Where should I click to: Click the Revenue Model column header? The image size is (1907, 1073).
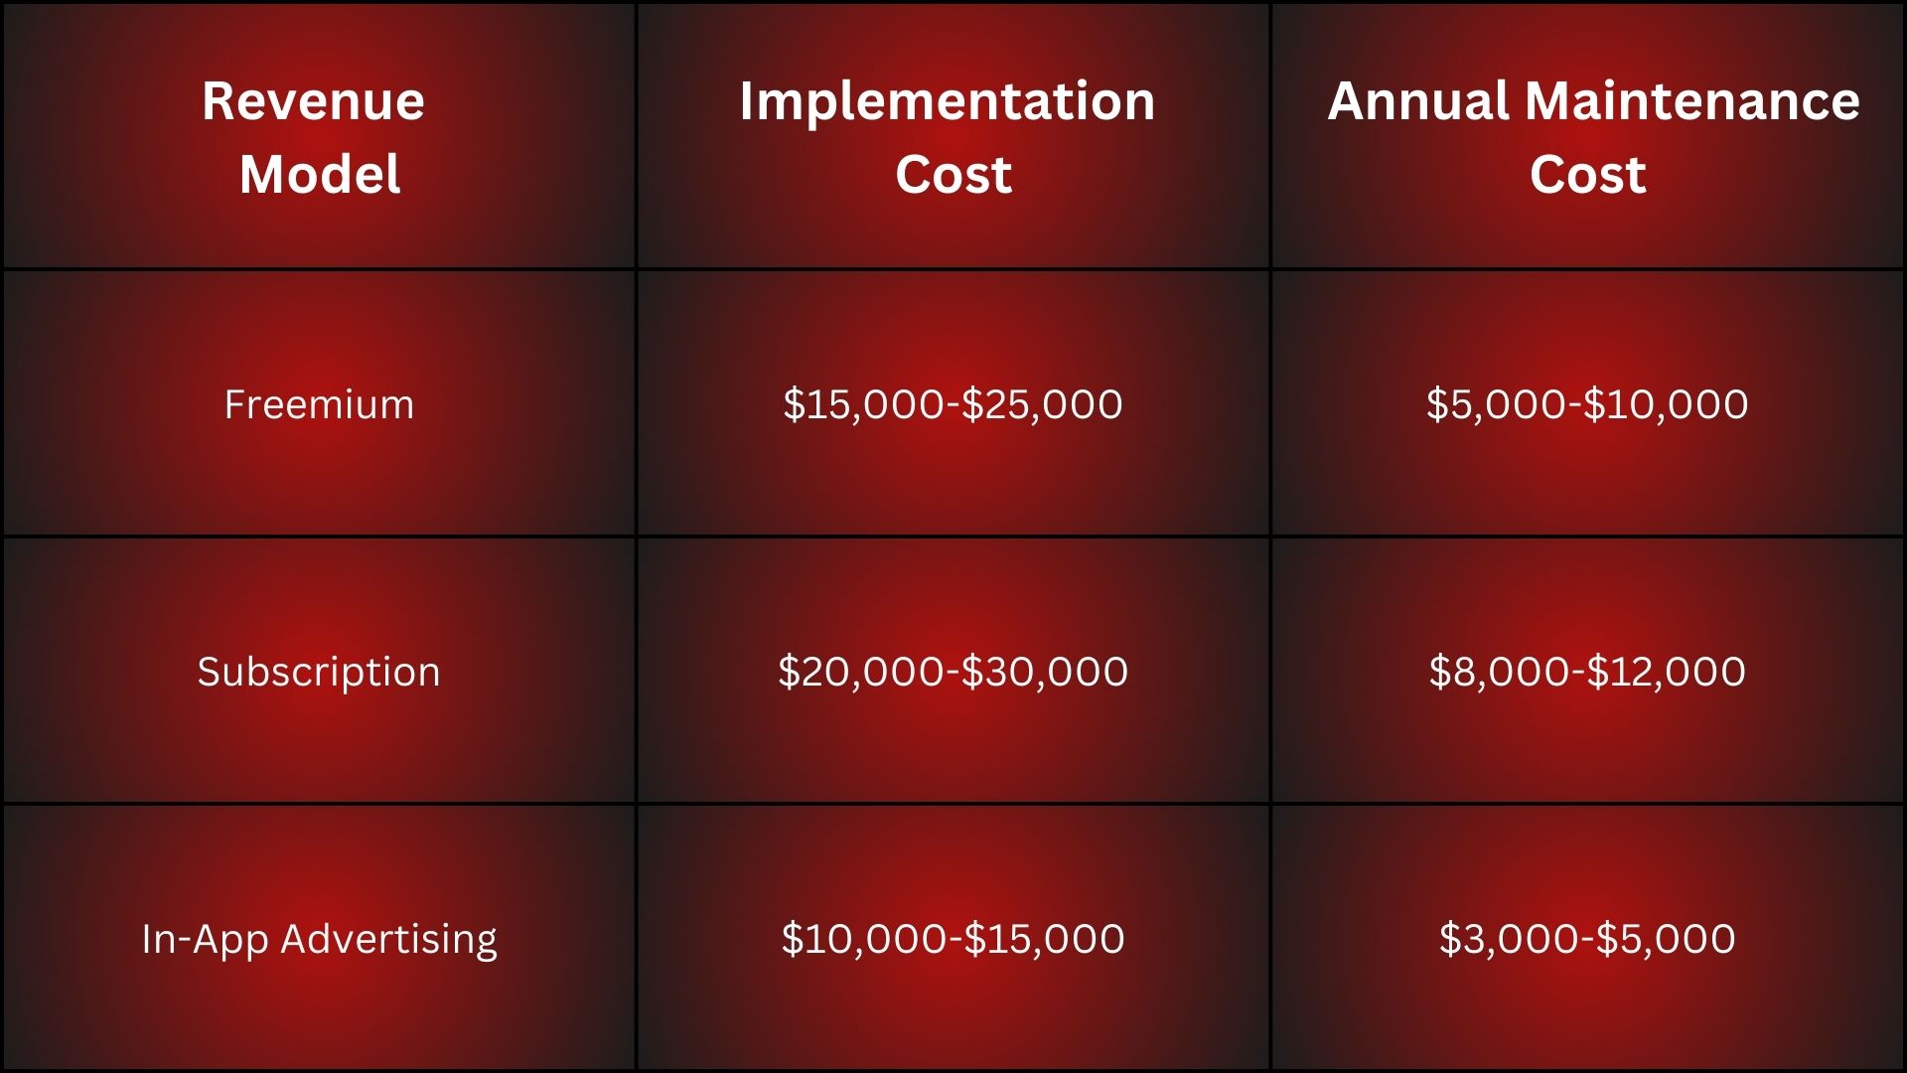[318, 137]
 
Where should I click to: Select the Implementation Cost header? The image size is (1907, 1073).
[952, 137]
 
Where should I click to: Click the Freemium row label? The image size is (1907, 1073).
[319, 404]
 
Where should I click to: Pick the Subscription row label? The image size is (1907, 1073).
[319, 672]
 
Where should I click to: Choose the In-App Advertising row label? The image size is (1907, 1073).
[319, 939]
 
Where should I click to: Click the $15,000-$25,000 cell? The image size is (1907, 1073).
[953, 404]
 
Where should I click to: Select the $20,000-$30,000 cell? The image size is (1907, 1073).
[953, 672]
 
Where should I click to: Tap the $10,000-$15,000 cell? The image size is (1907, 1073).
[953, 939]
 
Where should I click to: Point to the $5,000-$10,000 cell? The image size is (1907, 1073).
[1587, 404]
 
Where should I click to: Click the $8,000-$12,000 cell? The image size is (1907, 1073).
[1587, 672]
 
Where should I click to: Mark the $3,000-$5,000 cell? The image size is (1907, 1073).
[1587, 939]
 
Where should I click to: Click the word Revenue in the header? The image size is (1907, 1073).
[314, 100]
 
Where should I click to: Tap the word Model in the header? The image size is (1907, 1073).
[320, 175]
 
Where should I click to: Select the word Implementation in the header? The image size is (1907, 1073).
[948, 100]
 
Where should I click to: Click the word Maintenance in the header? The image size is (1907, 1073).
[1692, 100]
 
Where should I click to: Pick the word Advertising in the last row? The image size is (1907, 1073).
[389, 939]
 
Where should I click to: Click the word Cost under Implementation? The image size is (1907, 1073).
[953, 175]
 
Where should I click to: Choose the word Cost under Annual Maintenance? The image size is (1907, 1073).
[1588, 175]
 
